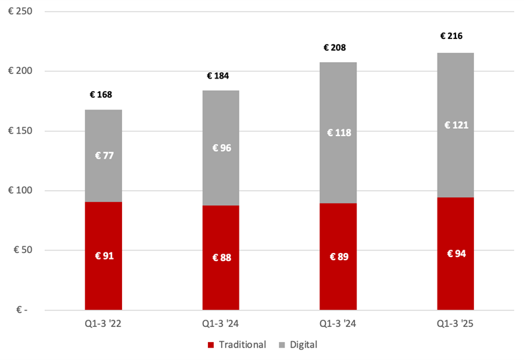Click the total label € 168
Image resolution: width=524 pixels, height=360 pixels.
(101, 94)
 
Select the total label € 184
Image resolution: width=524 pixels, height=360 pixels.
(218, 76)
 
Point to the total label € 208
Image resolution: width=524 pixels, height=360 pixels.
(335, 48)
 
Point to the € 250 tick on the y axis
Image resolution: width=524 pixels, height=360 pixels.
(22, 12)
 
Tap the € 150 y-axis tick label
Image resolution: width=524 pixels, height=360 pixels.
(22, 131)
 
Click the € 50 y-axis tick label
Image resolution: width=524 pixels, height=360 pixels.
(24, 250)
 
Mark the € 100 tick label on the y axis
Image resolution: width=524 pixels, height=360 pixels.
(22, 191)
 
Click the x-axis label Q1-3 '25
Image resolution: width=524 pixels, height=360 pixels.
(455, 324)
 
